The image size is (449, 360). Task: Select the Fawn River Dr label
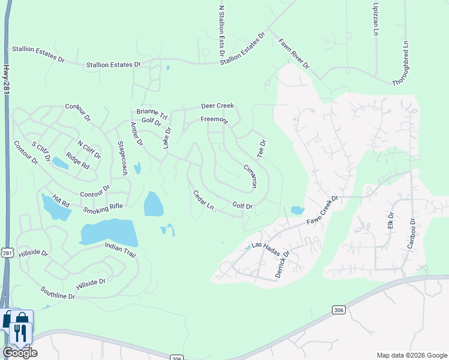(294, 53)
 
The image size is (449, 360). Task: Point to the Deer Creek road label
(217, 106)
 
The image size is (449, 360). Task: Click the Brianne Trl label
(147, 112)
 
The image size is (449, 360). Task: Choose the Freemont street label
(214, 119)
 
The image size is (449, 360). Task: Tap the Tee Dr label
(261, 148)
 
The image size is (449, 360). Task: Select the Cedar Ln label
(203, 200)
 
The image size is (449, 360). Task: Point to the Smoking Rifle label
(103, 208)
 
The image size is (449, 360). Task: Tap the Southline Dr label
(58, 292)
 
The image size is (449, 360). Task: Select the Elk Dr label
(390, 220)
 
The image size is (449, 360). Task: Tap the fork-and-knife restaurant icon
(21, 333)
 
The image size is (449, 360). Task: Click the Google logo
(20, 353)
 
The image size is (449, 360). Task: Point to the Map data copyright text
(411, 355)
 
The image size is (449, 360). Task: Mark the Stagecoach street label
(122, 157)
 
